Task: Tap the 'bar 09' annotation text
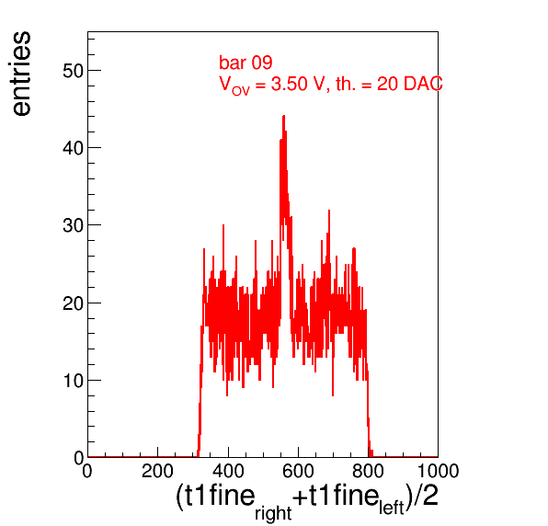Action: [x=245, y=63]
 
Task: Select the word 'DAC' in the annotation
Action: [x=423, y=84]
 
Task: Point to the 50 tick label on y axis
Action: [x=73, y=71]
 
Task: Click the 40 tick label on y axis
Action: [x=73, y=148]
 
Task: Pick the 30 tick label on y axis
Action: [x=73, y=225]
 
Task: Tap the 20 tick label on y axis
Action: [x=73, y=303]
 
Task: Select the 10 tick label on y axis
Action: [x=73, y=381]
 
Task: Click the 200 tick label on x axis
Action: [x=157, y=471]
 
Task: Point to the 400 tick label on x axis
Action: [x=228, y=471]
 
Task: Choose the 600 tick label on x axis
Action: [x=298, y=471]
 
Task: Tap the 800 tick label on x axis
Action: [x=368, y=471]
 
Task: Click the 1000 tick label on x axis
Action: [x=438, y=471]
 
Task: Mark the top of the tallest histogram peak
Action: [x=283, y=116]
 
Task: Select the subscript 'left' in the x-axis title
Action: [x=392, y=507]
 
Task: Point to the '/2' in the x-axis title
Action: [x=426, y=496]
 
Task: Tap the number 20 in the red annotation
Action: [x=387, y=84]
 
